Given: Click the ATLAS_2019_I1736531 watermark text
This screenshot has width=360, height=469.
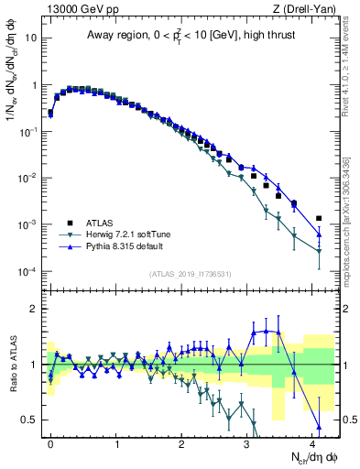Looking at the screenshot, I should [x=188, y=274].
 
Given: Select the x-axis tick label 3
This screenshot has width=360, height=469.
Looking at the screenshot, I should [x=248, y=442].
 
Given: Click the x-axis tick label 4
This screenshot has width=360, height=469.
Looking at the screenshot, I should [x=313, y=442].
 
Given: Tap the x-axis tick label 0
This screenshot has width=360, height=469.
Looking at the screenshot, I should [x=51, y=442].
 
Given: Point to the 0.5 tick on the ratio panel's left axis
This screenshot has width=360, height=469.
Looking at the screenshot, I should [x=31, y=420].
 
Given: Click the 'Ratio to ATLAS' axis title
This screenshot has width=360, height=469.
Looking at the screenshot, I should [x=12, y=365].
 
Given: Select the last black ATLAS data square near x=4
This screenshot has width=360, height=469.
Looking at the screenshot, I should [x=319, y=218].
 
